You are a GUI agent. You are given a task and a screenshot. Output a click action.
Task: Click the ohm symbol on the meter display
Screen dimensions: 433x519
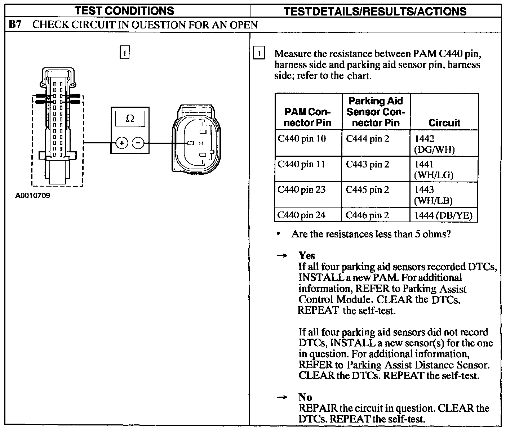130,119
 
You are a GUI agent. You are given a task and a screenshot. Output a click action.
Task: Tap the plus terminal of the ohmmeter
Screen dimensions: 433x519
122,143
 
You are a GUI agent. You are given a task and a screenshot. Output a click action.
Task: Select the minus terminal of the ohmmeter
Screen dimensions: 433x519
138,143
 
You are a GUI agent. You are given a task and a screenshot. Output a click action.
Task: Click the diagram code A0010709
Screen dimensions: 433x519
32,196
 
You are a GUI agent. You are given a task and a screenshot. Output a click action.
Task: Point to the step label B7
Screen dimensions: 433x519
15,25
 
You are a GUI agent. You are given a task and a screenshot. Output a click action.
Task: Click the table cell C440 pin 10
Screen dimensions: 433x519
302,139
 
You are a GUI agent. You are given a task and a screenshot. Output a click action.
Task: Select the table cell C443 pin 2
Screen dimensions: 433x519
367,165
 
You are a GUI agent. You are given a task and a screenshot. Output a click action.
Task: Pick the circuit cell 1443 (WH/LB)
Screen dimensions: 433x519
433,195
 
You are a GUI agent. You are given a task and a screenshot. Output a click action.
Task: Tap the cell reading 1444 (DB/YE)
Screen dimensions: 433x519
443,215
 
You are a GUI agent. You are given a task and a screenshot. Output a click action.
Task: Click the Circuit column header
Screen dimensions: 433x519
444,123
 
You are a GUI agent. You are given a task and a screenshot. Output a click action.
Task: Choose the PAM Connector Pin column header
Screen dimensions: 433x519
307,117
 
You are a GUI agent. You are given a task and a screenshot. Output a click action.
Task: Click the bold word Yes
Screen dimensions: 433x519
307,256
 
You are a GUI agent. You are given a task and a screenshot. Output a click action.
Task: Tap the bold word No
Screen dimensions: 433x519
305,397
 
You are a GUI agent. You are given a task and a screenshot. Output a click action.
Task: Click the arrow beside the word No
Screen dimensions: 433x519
282,397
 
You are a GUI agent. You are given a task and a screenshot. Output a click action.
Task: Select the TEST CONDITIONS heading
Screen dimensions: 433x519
124,11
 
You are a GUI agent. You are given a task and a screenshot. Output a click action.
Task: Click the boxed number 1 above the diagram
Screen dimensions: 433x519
124,53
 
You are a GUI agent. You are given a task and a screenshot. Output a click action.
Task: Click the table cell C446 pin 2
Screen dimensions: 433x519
367,215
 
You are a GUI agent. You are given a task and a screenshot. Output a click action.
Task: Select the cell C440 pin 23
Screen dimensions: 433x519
301,190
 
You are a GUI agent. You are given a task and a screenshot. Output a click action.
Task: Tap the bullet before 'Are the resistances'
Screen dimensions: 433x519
278,234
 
